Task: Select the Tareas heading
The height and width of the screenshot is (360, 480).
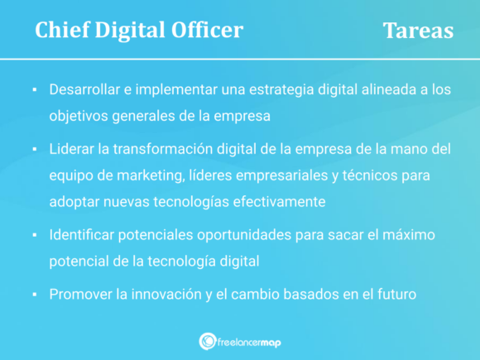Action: (x=418, y=31)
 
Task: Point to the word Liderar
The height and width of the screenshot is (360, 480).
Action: (x=73, y=148)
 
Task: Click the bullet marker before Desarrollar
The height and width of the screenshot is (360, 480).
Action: (x=35, y=89)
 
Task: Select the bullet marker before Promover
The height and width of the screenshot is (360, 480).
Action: (x=35, y=294)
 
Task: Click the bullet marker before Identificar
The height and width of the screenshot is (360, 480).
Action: (x=35, y=236)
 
